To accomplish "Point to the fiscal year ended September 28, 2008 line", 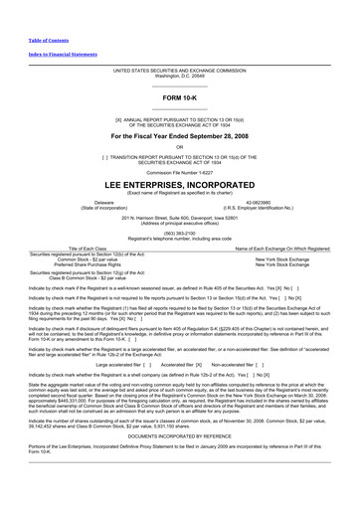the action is point(179,135).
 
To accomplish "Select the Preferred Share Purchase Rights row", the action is point(90,264).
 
